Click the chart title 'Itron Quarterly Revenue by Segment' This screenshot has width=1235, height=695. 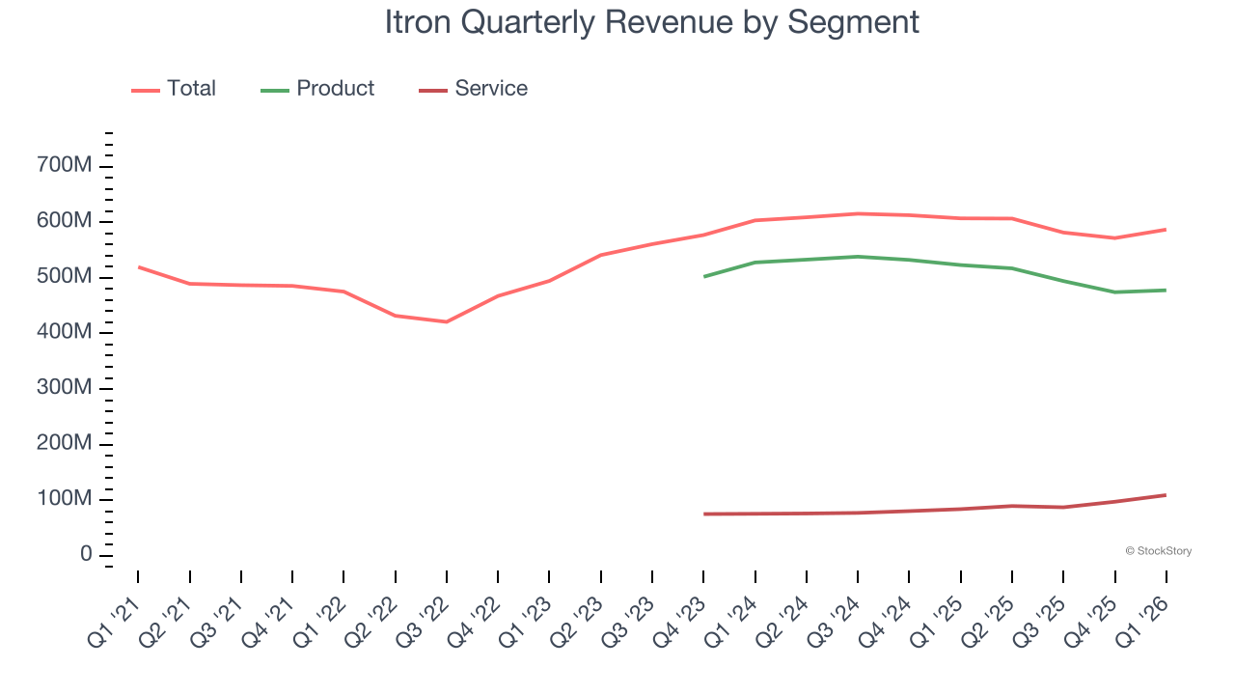651,22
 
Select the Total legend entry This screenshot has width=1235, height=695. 174,89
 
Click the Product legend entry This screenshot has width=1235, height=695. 317,89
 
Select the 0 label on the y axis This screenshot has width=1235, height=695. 86,555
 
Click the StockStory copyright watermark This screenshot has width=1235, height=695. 1158,551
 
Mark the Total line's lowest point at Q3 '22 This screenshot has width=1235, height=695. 447,321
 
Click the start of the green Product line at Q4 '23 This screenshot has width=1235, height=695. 704,276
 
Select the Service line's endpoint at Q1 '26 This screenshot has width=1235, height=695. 1166,495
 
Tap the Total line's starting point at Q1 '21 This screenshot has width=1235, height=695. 138,266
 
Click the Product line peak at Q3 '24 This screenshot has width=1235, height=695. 859,257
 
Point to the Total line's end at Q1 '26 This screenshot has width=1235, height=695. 1166,229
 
